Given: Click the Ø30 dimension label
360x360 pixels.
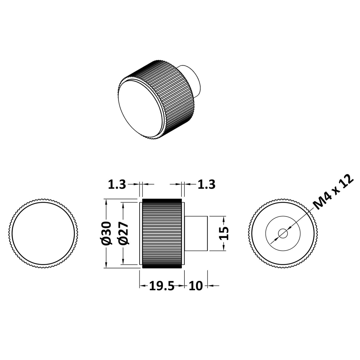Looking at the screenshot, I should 106,233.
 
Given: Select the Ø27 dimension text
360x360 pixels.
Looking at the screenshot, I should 123,233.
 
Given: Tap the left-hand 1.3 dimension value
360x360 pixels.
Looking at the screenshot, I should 117,184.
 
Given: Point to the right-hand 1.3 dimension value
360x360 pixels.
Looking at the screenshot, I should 207,184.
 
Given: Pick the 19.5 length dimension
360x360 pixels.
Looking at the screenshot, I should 162,286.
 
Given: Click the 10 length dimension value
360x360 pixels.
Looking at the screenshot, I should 195,286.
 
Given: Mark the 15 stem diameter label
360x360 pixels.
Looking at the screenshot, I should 224,233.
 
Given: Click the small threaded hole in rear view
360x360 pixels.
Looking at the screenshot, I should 283,234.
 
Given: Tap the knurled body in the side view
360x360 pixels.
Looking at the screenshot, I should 162,233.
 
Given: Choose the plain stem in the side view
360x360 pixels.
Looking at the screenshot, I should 196,233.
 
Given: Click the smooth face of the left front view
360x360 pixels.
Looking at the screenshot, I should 44,233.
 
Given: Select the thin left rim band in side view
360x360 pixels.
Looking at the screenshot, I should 141,233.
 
